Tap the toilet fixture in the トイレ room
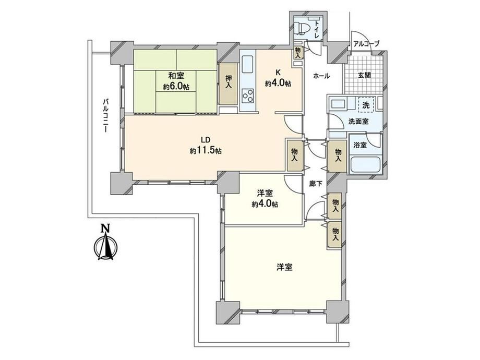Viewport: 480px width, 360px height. point(303,29)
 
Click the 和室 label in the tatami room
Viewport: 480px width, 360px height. point(176,75)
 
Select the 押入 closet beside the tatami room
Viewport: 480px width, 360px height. point(229,83)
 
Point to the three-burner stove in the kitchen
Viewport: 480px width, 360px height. point(248,96)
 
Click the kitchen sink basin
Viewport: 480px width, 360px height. point(248,65)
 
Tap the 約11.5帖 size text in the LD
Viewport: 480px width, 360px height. point(206,151)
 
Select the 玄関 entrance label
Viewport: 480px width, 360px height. point(364,75)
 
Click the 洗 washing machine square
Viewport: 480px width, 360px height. point(366,105)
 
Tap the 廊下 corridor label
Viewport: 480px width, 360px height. point(316,184)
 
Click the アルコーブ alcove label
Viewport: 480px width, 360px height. point(366,44)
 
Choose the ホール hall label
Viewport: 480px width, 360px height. point(321,76)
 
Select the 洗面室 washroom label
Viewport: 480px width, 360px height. point(358,122)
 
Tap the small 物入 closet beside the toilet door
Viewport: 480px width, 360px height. point(297,53)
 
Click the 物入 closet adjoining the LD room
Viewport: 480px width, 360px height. point(294,155)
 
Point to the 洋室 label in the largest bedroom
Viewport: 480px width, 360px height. point(284,267)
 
